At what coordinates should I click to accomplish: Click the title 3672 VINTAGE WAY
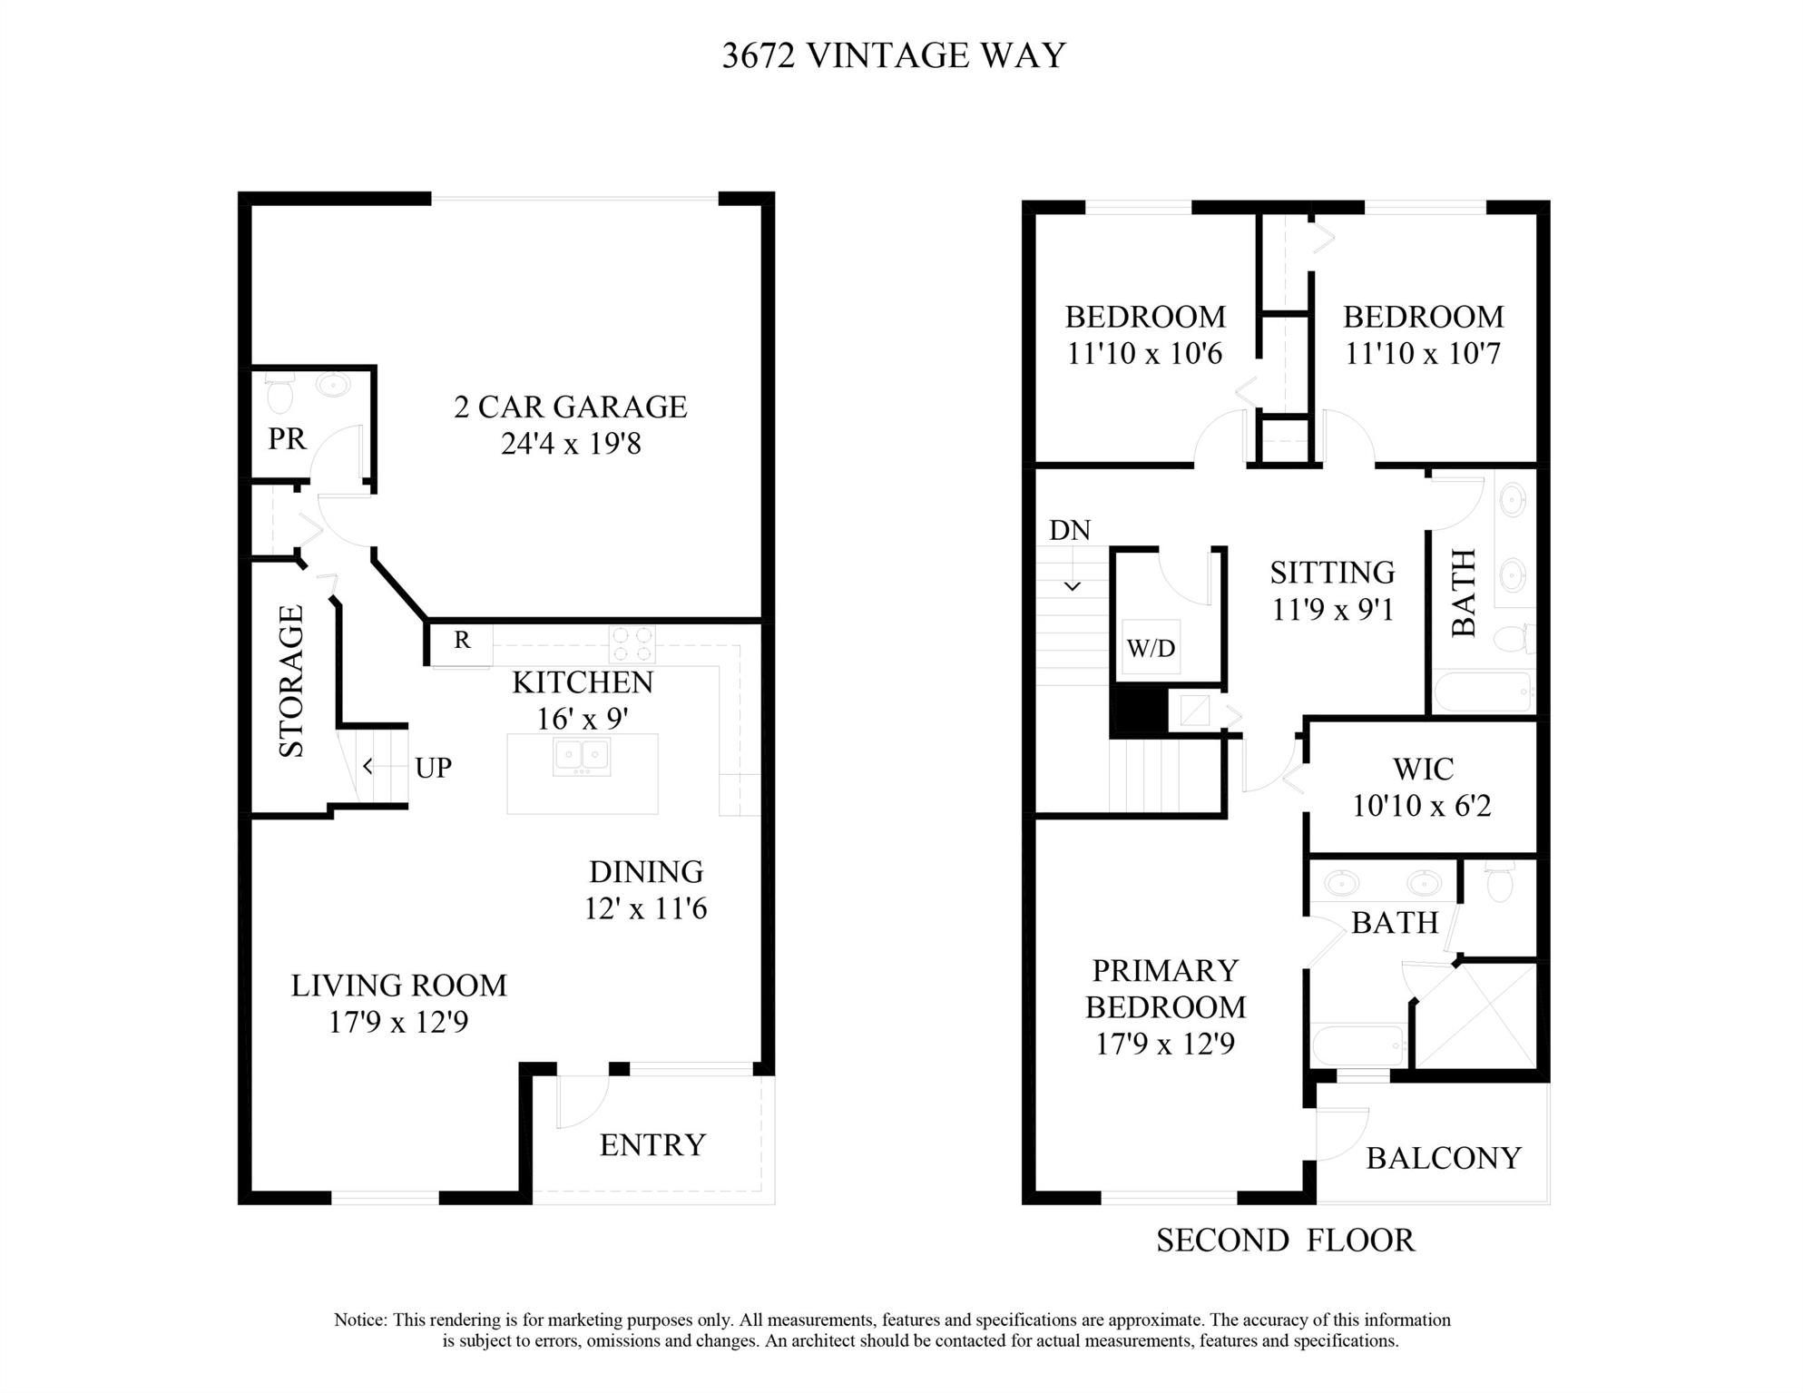point(894,56)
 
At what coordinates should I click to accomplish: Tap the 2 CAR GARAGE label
point(570,407)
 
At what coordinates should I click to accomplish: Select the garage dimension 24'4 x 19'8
point(571,444)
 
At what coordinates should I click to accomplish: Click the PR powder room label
point(287,439)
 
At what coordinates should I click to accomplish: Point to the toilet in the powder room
point(279,392)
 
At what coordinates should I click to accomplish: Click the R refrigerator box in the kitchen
point(462,641)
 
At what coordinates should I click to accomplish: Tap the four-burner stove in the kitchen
point(632,644)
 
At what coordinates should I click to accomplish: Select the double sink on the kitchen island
point(582,757)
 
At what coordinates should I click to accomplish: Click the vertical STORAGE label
point(291,681)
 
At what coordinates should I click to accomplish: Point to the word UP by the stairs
point(433,769)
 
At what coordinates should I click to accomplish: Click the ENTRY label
point(652,1145)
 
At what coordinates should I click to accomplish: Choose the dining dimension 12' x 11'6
point(645,908)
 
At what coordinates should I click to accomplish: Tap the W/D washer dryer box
point(1151,648)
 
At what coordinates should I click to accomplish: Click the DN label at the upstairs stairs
point(1070,531)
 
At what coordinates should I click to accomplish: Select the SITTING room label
point(1332,573)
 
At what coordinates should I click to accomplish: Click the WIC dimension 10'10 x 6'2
point(1422,806)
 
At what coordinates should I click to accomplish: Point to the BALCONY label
point(1444,1159)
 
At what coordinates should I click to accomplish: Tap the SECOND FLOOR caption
point(1285,1241)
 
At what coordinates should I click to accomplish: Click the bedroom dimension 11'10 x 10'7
point(1423,353)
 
